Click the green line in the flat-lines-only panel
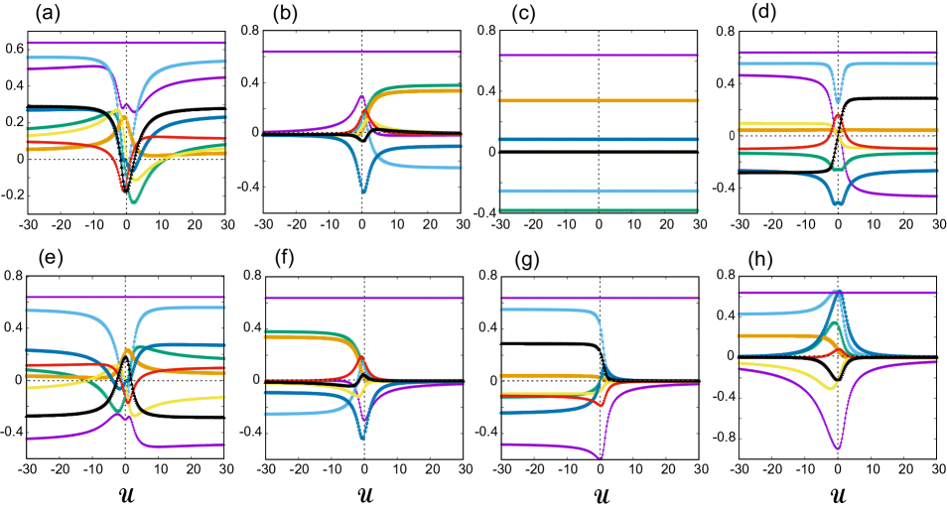click(599, 210)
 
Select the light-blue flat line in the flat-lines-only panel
click(599, 191)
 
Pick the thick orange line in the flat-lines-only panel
click(599, 101)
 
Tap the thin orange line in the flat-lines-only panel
click(599, 154)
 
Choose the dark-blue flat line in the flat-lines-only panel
click(599, 140)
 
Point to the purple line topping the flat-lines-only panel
click(599, 56)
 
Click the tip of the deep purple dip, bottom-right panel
click(838, 448)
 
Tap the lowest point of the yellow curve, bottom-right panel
click(826, 388)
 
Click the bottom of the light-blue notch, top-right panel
click(838, 100)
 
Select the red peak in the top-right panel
click(838, 116)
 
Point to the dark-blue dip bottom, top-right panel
click(838, 202)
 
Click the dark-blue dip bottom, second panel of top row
click(363, 190)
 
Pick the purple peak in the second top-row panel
click(362, 96)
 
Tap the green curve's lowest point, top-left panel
click(133, 202)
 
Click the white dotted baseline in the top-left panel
click(60, 159)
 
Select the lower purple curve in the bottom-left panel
click(60, 436)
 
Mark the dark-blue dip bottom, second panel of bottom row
click(362, 436)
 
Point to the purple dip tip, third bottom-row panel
click(600, 458)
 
